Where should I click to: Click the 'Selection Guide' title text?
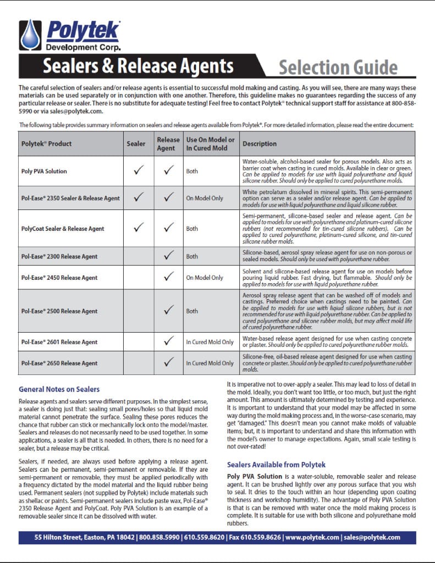pyautogui.click(x=338, y=68)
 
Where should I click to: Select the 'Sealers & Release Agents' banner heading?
pyautogui.click(x=138, y=67)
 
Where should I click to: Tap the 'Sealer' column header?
pyautogui.click(x=136, y=144)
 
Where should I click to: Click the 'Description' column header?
pyautogui.click(x=260, y=144)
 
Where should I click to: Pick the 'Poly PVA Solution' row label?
pyautogui.click(x=44, y=171)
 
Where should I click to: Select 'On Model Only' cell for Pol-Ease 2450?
pyautogui.click(x=205, y=278)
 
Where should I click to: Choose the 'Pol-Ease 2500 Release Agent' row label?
pyautogui.click(x=59, y=311)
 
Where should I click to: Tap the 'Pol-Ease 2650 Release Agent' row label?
pyautogui.click(x=59, y=363)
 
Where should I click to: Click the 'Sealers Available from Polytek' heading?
pyautogui.click(x=276, y=465)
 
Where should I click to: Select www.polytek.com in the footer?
pyautogui.click(x=309, y=537)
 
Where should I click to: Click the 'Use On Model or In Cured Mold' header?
pyautogui.click(x=210, y=144)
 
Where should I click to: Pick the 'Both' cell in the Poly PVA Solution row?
pyautogui.click(x=192, y=172)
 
